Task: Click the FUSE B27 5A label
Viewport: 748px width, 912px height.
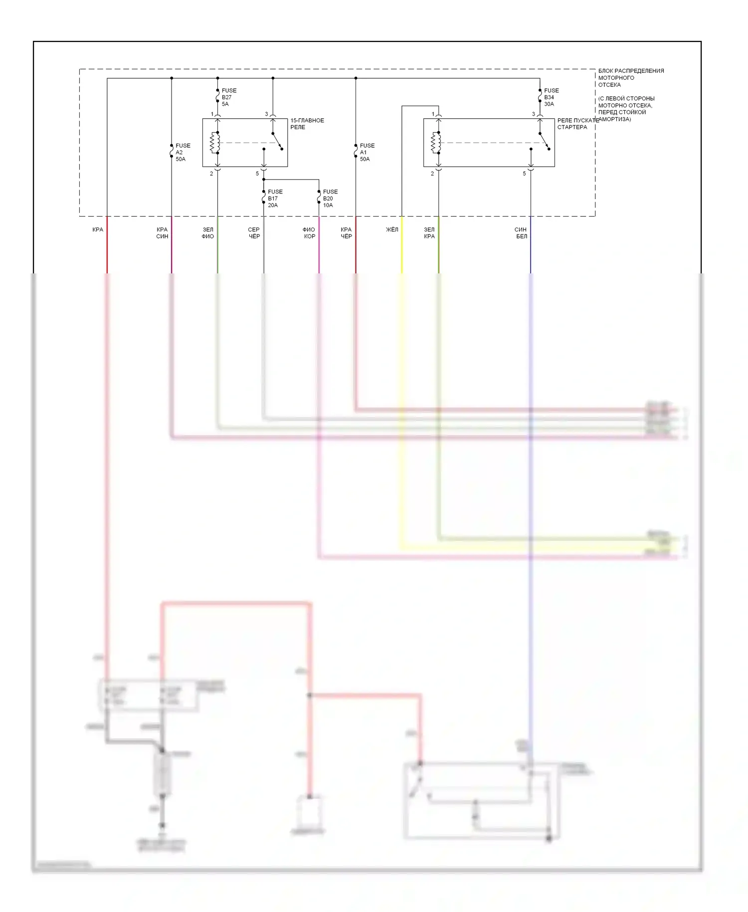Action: (x=228, y=97)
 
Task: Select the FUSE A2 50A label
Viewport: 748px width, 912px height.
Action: (x=182, y=152)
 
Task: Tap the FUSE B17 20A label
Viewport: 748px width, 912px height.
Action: (x=274, y=198)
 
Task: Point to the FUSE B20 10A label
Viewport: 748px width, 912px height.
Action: (x=330, y=198)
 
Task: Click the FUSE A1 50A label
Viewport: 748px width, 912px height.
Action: (x=367, y=152)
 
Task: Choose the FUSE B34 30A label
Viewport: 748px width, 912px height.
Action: (x=551, y=97)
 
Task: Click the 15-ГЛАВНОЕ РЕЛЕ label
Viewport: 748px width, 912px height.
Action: (x=307, y=124)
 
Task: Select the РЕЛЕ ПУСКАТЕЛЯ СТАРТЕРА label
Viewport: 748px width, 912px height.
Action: (x=577, y=124)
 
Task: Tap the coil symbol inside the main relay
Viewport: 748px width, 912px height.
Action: (x=215, y=143)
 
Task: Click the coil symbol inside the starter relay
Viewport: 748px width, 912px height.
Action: (x=436, y=143)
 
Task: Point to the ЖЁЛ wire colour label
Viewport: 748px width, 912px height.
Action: (x=392, y=229)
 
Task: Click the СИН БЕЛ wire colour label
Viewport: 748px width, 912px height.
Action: (x=521, y=233)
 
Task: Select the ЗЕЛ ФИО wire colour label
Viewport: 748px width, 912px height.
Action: (x=208, y=233)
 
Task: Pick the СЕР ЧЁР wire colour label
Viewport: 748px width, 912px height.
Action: (x=254, y=233)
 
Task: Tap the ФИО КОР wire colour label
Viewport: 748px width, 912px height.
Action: (x=309, y=233)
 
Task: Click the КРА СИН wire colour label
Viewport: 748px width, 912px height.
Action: (x=162, y=233)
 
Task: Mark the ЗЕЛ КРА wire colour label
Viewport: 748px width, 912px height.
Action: (x=429, y=233)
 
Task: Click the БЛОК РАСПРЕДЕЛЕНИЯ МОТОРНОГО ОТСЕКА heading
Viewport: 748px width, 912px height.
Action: (x=630, y=78)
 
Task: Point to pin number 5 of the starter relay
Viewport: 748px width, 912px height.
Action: (x=524, y=174)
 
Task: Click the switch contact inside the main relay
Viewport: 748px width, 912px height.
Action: (x=277, y=141)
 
